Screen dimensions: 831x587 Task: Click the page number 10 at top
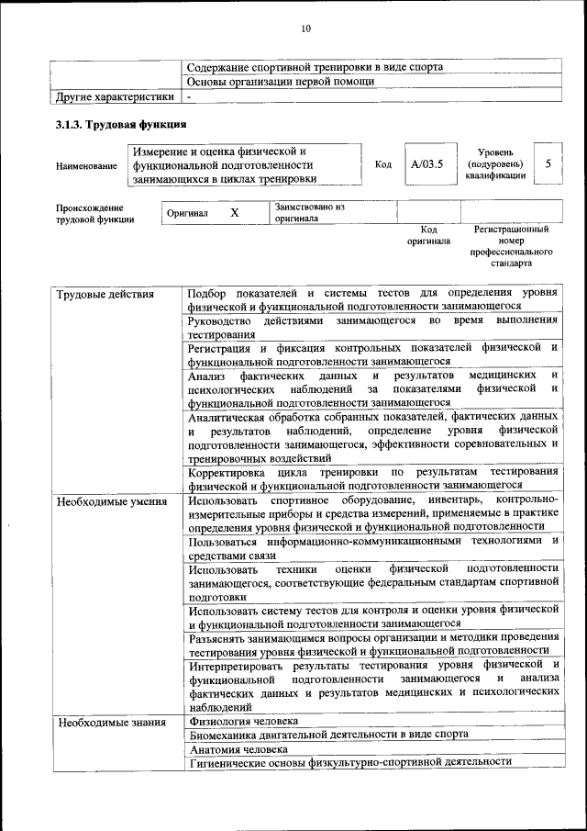[x=305, y=29]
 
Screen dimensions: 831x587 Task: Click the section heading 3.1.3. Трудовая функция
[x=121, y=124]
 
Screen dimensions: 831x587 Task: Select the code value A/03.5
[x=427, y=164]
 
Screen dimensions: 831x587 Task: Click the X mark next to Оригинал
[x=235, y=213]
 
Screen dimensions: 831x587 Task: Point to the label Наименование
[x=86, y=166]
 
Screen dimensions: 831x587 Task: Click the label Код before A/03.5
[x=383, y=164]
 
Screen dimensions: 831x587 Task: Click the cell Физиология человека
[x=244, y=722]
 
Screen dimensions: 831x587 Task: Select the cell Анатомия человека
[x=238, y=748]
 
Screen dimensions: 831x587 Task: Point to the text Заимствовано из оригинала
[x=309, y=213]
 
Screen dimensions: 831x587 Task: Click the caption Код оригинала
[x=428, y=235]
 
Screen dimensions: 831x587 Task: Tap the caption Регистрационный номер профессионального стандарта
[x=511, y=245]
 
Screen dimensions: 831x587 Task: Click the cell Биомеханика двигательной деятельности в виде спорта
[x=329, y=735]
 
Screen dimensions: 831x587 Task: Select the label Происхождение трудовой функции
[x=94, y=213]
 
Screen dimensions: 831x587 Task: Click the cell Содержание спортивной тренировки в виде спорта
[x=315, y=67]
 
